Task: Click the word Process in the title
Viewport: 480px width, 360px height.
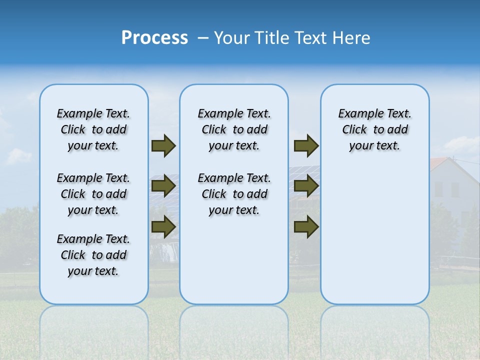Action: [154, 38]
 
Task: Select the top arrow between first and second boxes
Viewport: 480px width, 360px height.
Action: [163, 145]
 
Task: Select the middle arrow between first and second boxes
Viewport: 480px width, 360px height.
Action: [163, 186]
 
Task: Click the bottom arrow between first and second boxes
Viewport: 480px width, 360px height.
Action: [163, 226]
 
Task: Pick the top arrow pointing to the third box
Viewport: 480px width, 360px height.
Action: [306, 145]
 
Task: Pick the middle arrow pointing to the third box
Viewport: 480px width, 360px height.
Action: [306, 186]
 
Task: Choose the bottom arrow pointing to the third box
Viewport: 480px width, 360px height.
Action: [306, 226]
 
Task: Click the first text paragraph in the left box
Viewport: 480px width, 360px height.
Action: [93, 129]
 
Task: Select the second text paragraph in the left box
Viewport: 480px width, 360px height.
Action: [93, 194]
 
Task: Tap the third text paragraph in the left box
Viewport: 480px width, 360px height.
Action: [93, 255]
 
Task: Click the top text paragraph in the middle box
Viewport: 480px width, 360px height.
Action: [234, 129]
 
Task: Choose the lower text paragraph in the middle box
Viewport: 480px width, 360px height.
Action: [234, 194]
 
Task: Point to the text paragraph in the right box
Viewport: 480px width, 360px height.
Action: [374, 129]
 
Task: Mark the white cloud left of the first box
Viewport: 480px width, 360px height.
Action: [19, 156]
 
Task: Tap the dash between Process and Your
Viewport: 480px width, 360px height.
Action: [203, 38]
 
